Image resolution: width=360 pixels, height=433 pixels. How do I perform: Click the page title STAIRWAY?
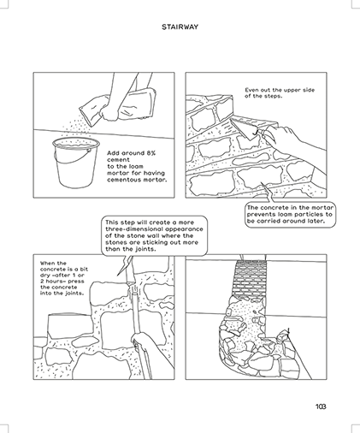click(180, 27)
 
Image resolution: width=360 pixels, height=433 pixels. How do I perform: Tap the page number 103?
click(321, 406)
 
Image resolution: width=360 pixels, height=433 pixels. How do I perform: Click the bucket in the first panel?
click(76, 163)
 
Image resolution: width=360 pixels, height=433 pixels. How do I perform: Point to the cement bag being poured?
click(118, 107)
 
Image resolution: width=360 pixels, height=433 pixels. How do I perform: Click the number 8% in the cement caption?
click(151, 153)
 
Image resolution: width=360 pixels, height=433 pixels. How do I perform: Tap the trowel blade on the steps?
click(244, 129)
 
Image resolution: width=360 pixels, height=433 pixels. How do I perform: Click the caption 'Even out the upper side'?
click(280, 90)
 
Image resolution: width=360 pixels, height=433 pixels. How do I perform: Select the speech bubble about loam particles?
click(290, 214)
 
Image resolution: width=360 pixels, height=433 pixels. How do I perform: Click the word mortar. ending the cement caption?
click(155, 180)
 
